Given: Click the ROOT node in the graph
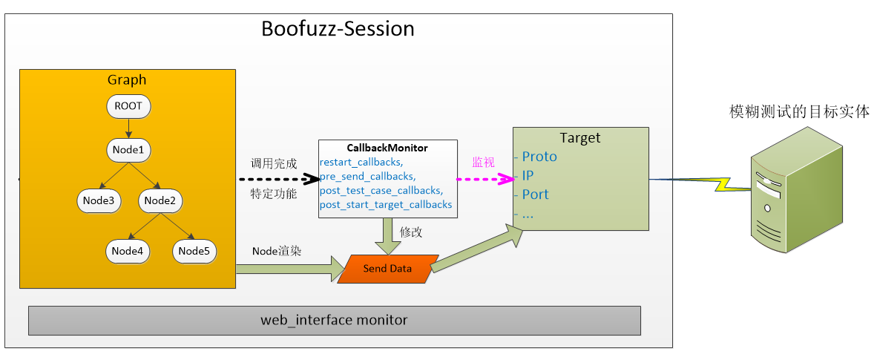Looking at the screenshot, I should click(x=128, y=106).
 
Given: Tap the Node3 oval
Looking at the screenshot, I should click(x=99, y=200).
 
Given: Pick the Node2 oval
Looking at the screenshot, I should click(x=160, y=200).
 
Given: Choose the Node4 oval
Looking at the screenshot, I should click(x=128, y=251).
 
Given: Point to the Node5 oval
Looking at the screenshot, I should click(x=194, y=251).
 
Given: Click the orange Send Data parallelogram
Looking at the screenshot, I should click(x=387, y=269).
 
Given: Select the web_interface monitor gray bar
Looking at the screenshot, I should click(x=334, y=321).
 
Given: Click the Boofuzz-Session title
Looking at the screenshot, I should click(x=338, y=29).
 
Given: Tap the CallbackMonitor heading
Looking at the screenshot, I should click(x=387, y=148).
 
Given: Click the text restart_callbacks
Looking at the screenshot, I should click(x=361, y=162).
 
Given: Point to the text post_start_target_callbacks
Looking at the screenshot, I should click(x=386, y=204).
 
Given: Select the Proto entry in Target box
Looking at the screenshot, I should click(x=539, y=157).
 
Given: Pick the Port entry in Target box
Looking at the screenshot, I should click(x=535, y=194).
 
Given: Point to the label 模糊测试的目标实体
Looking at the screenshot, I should click(x=799, y=112).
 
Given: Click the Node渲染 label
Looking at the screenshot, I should click(x=277, y=251).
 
